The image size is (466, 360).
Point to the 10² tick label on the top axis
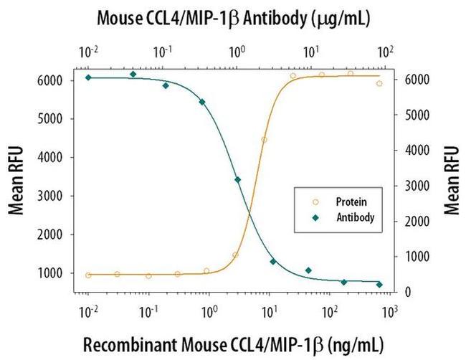(385, 51)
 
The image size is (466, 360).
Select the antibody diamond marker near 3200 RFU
(238, 180)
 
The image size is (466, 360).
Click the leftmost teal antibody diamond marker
(88, 77)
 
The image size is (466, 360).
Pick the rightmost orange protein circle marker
(379, 83)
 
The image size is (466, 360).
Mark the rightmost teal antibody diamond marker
(379, 285)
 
